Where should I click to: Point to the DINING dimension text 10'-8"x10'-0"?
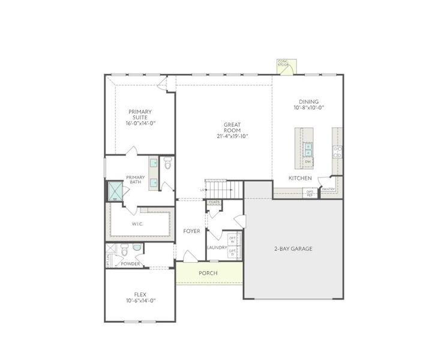308,108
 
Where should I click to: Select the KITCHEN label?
300,178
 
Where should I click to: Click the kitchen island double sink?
308,148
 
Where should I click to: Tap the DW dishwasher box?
308,161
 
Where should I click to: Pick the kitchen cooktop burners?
338,151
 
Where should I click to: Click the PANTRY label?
328,189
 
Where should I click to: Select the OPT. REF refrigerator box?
310,193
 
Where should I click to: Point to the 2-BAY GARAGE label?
293,248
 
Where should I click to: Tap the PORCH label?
208,273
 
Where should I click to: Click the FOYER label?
192,231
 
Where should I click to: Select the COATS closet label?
214,202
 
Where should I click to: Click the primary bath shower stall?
115,191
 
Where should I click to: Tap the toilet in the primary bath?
168,163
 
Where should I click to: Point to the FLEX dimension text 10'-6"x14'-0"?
140,301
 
